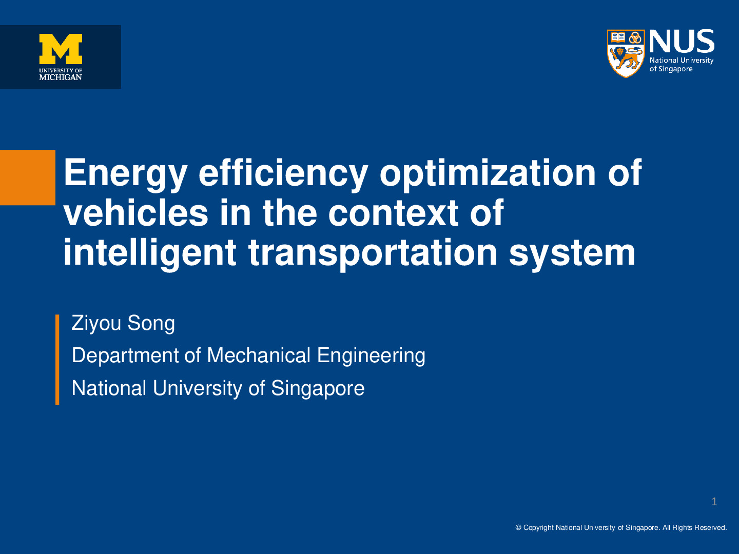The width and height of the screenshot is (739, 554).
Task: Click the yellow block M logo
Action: [61, 49]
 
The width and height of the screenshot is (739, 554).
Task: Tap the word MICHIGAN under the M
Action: [61, 77]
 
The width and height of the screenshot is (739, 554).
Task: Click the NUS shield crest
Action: [626, 53]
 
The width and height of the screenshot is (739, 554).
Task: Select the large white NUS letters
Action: [682, 42]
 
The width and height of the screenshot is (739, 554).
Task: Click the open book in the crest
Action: [617, 37]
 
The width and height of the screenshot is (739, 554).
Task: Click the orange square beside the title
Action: [28, 177]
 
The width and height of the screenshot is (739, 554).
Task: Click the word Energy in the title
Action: [125, 173]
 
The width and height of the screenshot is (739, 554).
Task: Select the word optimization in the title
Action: [488, 173]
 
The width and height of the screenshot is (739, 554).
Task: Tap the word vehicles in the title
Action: [136, 212]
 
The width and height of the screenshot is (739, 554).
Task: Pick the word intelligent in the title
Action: [150, 253]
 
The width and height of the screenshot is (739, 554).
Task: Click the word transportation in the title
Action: [373, 253]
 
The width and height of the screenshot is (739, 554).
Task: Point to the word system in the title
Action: [572, 253]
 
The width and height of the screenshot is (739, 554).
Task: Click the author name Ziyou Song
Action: [123, 324]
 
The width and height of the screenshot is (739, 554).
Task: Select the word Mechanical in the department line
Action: [259, 355]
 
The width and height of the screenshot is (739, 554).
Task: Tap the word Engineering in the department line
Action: [371, 356]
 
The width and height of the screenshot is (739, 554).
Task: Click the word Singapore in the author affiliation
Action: [318, 389]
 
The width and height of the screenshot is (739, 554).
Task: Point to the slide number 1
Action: [714, 502]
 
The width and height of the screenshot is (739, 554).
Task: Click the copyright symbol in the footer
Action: [518, 527]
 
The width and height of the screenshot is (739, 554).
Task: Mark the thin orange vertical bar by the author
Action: [57, 360]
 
